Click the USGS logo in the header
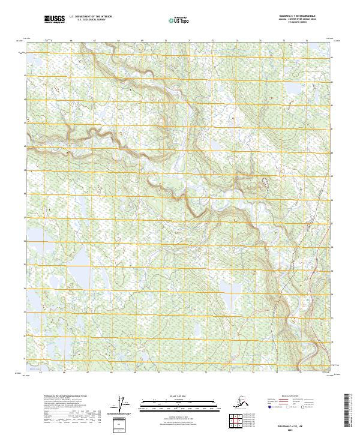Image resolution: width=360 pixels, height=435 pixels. click(55, 20)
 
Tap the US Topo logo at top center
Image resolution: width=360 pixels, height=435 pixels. click(180, 20)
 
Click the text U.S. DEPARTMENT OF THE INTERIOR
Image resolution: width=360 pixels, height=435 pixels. click(89, 17)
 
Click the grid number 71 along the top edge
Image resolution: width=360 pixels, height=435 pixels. click(189, 40)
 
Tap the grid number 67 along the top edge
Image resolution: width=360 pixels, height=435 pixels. click(95, 40)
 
